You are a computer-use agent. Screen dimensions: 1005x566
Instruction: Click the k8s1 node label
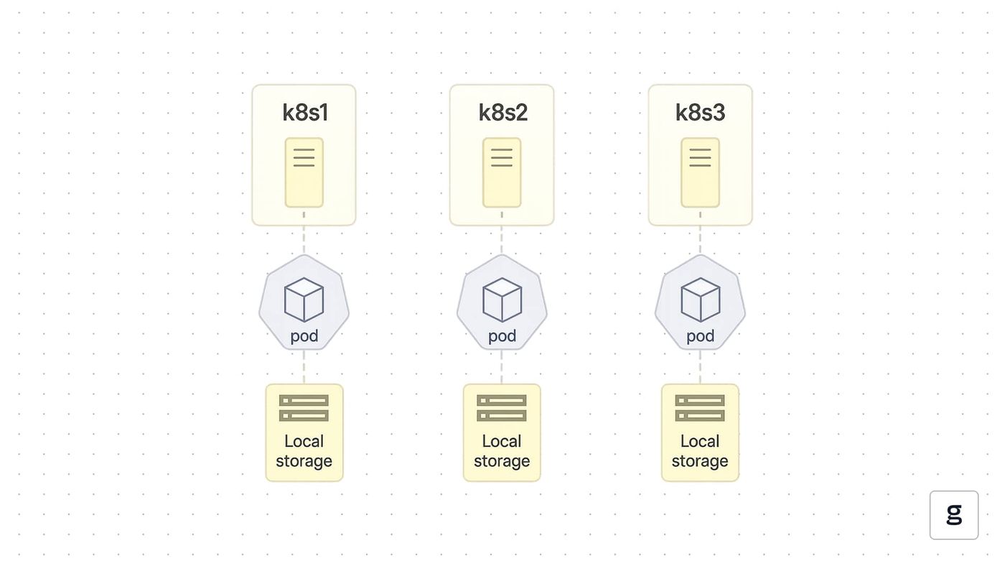pyautogui.click(x=304, y=112)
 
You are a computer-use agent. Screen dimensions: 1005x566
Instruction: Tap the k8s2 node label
pyautogui.click(x=502, y=112)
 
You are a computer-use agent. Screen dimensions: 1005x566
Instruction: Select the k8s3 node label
pyautogui.click(x=701, y=112)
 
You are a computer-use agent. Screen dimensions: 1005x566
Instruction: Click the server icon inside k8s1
pyautogui.click(x=304, y=173)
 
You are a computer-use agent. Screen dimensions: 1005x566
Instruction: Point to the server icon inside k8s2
pyautogui.click(x=502, y=173)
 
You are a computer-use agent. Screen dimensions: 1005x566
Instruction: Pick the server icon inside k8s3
pyautogui.click(x=701, y=173)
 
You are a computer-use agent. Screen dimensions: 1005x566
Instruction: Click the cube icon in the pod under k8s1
pyautogui.click(x=304, y=300)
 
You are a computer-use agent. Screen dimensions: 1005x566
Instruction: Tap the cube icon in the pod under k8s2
pyautogui.click(x=502, y=300)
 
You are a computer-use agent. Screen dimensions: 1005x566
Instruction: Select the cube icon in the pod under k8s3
pyautogui.click(x=701, y=300)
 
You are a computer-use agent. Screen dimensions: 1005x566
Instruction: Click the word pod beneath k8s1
pyautogui.click(x=304, y=336)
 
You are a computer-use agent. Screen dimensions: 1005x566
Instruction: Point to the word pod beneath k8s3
pyautogui.click(x=701, y=336)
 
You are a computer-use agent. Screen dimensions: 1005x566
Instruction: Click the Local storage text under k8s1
pyautogui.click(x=304, y=451)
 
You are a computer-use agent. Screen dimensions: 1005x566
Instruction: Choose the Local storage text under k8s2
pyautogui.click(x=502, y=451)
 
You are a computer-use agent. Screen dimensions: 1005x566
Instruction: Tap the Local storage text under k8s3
pyautogui.click(x=700, y=451)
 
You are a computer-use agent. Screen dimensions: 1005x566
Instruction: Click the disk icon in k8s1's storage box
pyautogui.click(x=304, y=408)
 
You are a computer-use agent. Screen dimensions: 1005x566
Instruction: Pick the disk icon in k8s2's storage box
pyautogui.click(x=502, y=408)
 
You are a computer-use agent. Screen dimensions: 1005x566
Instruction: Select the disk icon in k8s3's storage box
pyautogui.click(x=700, y=408)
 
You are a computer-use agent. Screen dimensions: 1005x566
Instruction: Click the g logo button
pyautogui.click(x=954, y=515)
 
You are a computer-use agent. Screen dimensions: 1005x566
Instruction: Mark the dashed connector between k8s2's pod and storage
pyautogui.click(x=502, y=367)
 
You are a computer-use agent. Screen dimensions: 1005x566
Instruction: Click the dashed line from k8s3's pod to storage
pyautogui.click(x=700, y=367)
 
